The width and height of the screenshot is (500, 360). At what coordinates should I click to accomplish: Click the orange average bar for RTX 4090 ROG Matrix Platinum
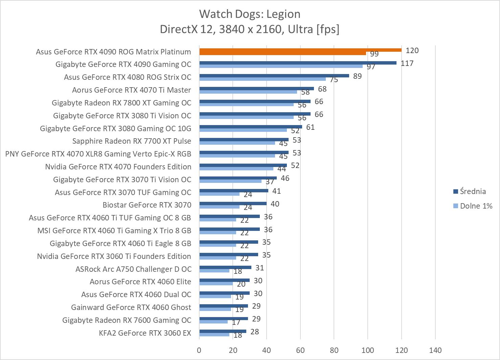click(x=300, y=50)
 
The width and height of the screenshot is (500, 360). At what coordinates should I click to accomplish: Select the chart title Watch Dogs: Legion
click(x=250, y=14)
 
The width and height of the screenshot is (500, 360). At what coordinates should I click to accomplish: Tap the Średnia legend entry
click(x=473, y=191)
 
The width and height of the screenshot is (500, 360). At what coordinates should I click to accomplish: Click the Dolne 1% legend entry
click(x=476, y=206)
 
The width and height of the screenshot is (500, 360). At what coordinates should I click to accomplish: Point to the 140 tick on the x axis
click(x=435, y=350)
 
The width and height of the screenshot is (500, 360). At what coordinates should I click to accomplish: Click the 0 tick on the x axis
click(x=199, y=350)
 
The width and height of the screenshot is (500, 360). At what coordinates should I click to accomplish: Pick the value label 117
click(x=407, y=63)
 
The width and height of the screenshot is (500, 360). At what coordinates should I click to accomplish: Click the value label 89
click(x=357, y=76)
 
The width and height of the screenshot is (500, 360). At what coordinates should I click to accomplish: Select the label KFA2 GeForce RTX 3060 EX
click(x=145, y=333)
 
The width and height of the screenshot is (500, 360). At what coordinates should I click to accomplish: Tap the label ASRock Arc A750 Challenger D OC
click(x=133, y=269)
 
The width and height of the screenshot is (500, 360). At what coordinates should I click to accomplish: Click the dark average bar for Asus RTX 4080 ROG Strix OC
click(x=274, y=76)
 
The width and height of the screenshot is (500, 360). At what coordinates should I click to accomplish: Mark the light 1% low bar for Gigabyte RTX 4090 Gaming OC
click(x=281, y=66)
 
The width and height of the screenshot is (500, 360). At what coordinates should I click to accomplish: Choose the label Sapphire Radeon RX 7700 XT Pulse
click(x=132, y=141)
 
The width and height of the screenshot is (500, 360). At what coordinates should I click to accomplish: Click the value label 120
click(x=412, y=50)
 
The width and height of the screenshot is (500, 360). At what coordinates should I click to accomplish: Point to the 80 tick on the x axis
click(x=334, y=350)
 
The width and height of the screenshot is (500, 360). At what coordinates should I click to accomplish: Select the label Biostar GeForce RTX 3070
click(x=147, y=205)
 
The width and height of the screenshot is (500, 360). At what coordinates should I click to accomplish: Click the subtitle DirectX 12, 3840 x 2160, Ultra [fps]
click(x=250, y=29)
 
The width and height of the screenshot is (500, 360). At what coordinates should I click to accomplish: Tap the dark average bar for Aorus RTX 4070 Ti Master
click(x=256, y=89)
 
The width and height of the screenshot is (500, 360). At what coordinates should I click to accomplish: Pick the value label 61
click(x=310, y=127)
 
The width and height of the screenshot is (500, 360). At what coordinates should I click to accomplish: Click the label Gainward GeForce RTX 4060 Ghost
click(x=131, y=307)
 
